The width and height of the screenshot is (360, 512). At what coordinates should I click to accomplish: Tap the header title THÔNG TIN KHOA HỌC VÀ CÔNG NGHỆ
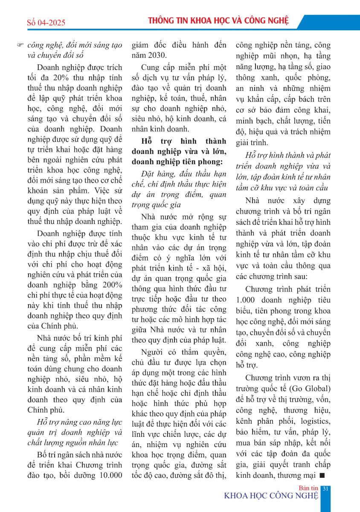[218, 20]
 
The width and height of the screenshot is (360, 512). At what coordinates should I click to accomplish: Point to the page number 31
[325, 489]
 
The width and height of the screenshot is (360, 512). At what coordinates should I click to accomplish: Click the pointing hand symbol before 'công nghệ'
[19, 45]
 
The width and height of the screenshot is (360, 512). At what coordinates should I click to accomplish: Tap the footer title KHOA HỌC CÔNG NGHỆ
[271, 496]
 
